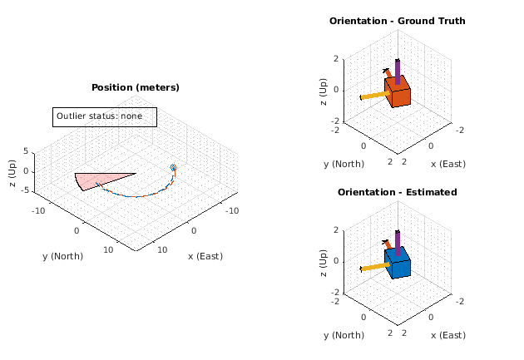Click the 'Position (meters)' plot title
[x=135, y=87]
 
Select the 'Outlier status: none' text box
[x=105, y=116]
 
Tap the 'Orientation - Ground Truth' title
[x=397, y=21]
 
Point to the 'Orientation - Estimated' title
[x=397, y=192]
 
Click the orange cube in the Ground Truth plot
[x=398, y=93]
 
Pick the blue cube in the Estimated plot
[x=398, y=264]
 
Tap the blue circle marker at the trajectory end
[x=174, y=168]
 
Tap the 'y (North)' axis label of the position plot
[x=63, y=256]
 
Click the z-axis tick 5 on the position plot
[x=25, y=151]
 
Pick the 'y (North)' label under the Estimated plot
[x=344, y=335]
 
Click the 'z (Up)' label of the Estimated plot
[x=323, y=261]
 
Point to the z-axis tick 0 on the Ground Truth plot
[x=335, y=90]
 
